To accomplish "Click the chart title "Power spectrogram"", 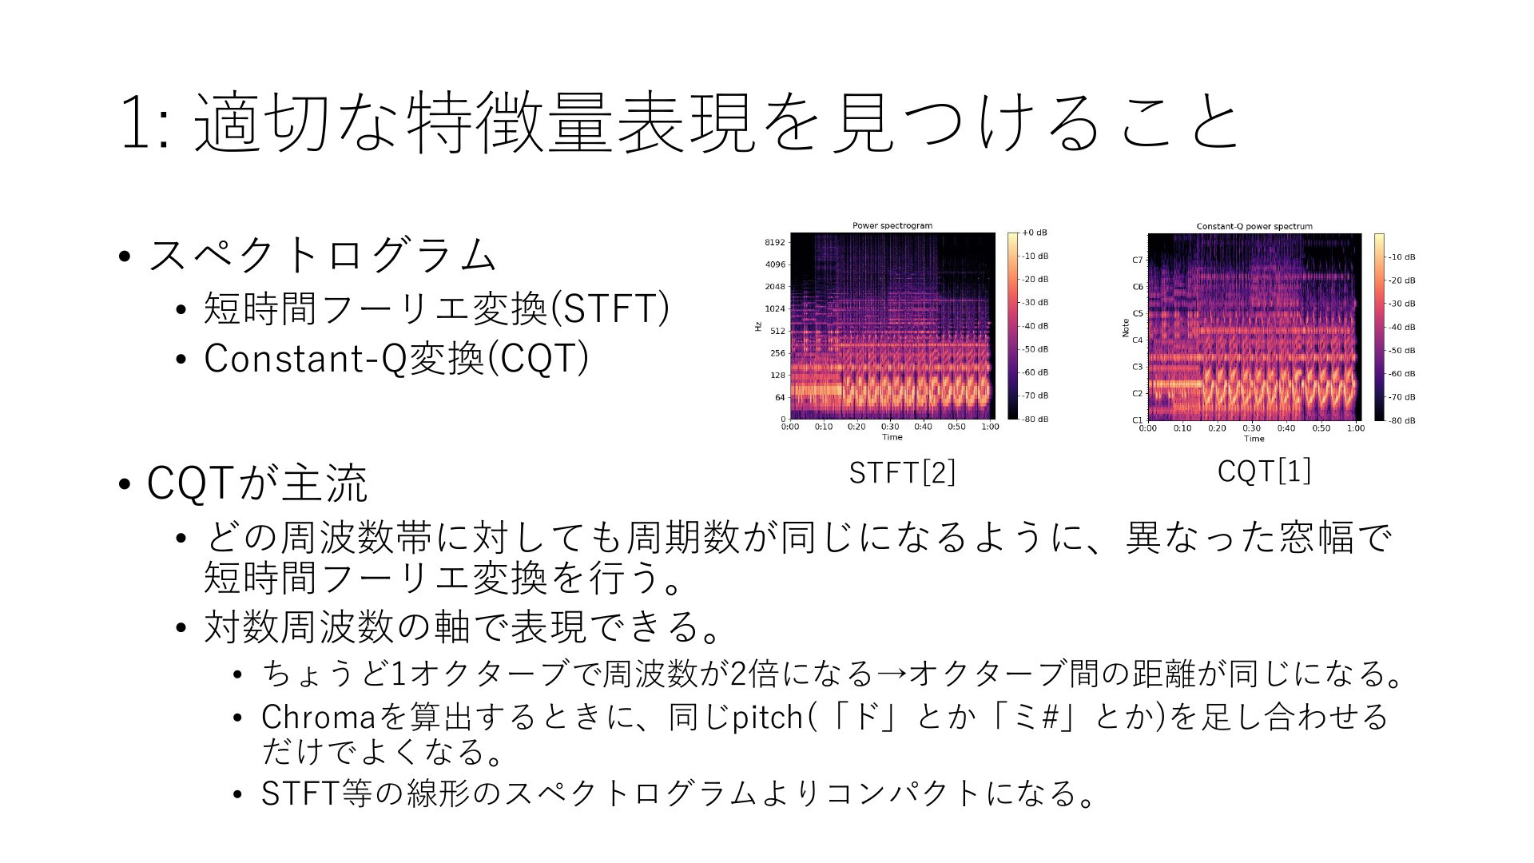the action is point(892,225).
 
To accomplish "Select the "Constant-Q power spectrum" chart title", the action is point(1254,226).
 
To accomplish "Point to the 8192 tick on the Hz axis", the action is point(775,242).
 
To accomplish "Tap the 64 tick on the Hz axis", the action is point(780,397).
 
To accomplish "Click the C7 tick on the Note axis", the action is point(1138,260).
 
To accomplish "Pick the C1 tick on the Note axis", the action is point(1138,420).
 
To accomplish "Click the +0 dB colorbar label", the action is point(1035,233).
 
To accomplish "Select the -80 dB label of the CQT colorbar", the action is point(1402,420).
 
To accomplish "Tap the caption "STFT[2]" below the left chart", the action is point(902,472).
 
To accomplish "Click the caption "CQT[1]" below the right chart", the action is point(1264,471).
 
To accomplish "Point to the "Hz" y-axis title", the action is point(758,326).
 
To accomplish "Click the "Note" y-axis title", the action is point(1126,328).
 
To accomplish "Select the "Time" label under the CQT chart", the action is point(1254,438).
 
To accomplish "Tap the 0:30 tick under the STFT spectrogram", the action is point(890,427).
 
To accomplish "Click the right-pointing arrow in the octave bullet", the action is point(892,674).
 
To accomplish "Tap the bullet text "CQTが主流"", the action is point(257,483).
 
